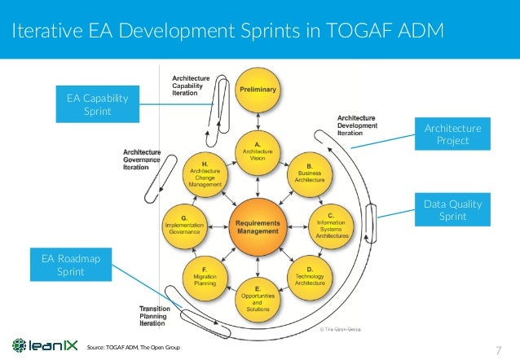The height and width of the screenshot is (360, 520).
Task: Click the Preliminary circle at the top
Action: coord(258,90)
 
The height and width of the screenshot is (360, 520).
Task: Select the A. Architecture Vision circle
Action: coord(258,152)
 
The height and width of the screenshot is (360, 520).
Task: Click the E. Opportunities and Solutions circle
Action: coord(258,296)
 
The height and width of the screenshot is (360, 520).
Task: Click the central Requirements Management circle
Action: coord(258,222)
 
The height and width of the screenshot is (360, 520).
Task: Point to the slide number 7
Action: coord(498,350)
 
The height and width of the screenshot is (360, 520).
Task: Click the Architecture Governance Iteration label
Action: coord(141,159)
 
